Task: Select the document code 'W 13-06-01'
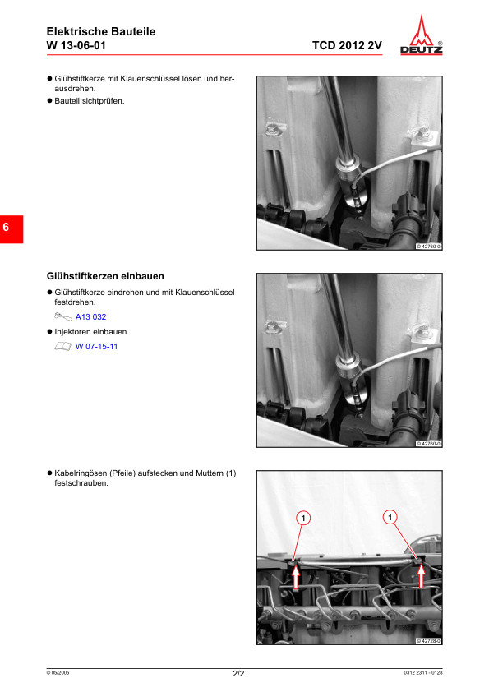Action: point(76,45)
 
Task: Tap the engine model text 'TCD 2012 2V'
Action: point(347,45)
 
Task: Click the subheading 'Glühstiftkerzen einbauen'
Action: point(110,276)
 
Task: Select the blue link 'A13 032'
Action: point(90,316)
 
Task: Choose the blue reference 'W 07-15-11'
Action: point(96,346)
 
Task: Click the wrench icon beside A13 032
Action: point(62,316)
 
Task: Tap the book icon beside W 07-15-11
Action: point(62,346)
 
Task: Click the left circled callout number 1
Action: point(303,518)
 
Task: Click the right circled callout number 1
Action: point(390,517)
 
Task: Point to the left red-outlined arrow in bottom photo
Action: point(296,578)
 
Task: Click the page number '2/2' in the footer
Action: point(238,674)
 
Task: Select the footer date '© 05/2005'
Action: point(58,673)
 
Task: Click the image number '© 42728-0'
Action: point(428,640)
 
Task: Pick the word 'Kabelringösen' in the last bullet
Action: point(81,473)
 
